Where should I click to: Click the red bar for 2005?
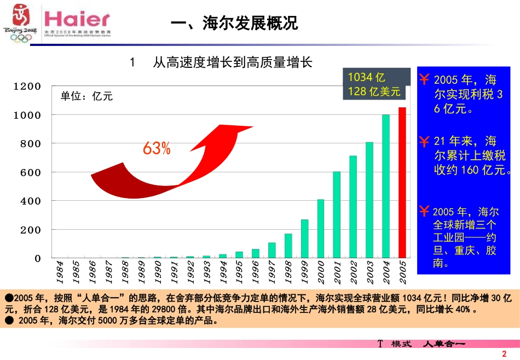402,182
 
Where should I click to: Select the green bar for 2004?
386,186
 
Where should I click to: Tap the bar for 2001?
337,214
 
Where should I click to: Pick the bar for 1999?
304,239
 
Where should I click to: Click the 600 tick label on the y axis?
31,172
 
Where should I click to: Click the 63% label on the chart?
157,148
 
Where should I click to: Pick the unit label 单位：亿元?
86,96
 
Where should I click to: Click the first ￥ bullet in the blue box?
424,79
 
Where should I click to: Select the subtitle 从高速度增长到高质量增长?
232,63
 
